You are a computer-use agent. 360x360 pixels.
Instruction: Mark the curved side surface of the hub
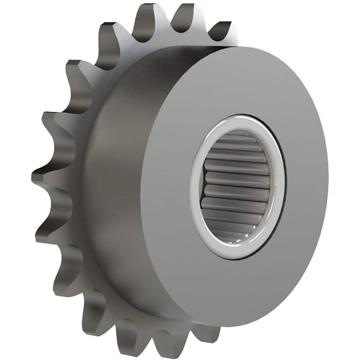(119, 180)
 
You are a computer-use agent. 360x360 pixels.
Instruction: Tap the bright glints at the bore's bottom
(245, 238)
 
